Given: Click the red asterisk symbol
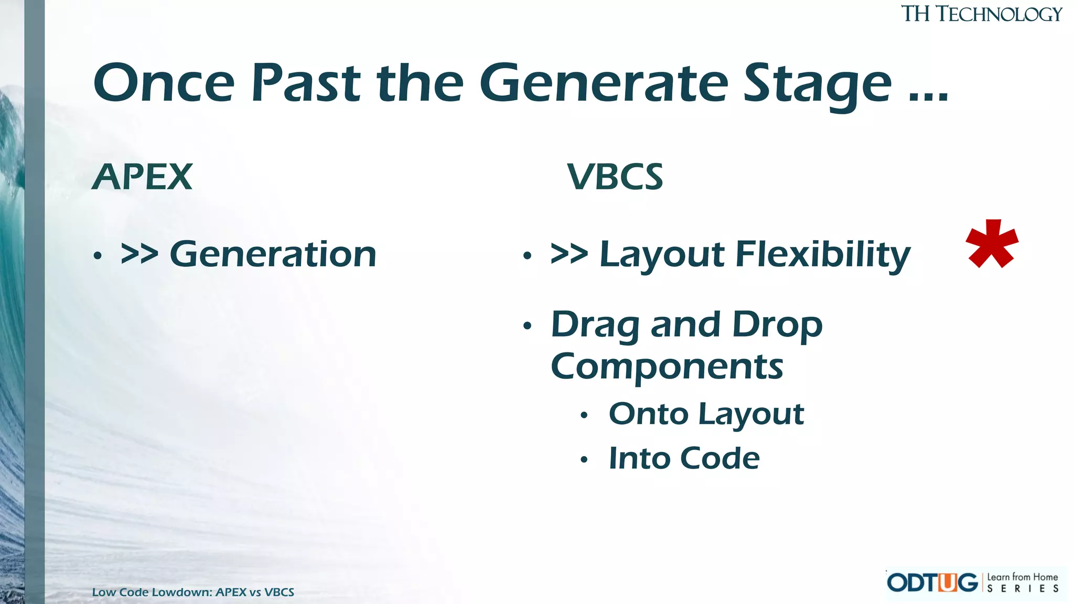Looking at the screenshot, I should [992, 244].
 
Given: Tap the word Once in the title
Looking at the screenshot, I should [164, 83].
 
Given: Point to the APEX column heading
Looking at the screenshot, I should [142, 177].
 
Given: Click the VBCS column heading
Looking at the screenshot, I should [615, 177].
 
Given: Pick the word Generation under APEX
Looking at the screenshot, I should [273, 254].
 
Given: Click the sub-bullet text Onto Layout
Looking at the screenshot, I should [706, 414].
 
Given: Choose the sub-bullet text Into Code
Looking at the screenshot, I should [684, 458].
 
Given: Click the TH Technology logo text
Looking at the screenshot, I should [981, 14].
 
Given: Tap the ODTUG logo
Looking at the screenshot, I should [932, 583].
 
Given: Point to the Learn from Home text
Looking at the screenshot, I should [1022, 577].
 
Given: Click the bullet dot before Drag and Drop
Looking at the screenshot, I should [527, 326].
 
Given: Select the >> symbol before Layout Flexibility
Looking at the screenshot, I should [569, 254].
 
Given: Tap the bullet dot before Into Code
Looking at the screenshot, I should [584, 460].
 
